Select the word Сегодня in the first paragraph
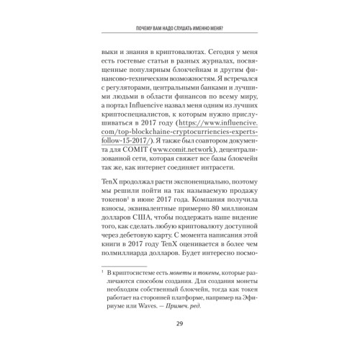pos(214,53)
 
